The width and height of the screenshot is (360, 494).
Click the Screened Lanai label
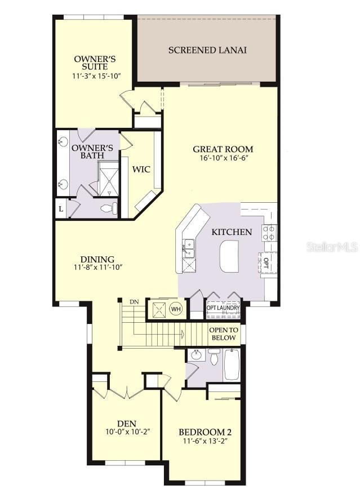pos(207,50)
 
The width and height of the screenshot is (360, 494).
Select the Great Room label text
pos(223,149)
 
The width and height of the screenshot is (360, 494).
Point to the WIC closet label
pos(140,169)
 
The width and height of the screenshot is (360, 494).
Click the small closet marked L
pos(60,208)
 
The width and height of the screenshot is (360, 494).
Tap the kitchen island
pos(230,256)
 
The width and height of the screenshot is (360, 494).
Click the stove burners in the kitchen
pos(269,233)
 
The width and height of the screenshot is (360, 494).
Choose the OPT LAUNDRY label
pos(223,308)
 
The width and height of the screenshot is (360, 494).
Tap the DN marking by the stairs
pos(134,302)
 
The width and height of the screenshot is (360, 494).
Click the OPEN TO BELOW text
pos(223,334)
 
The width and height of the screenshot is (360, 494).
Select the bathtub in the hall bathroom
pos(232,365)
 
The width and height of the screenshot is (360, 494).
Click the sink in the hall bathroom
pos(196,355)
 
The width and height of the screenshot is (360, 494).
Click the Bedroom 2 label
pos(205,432)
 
